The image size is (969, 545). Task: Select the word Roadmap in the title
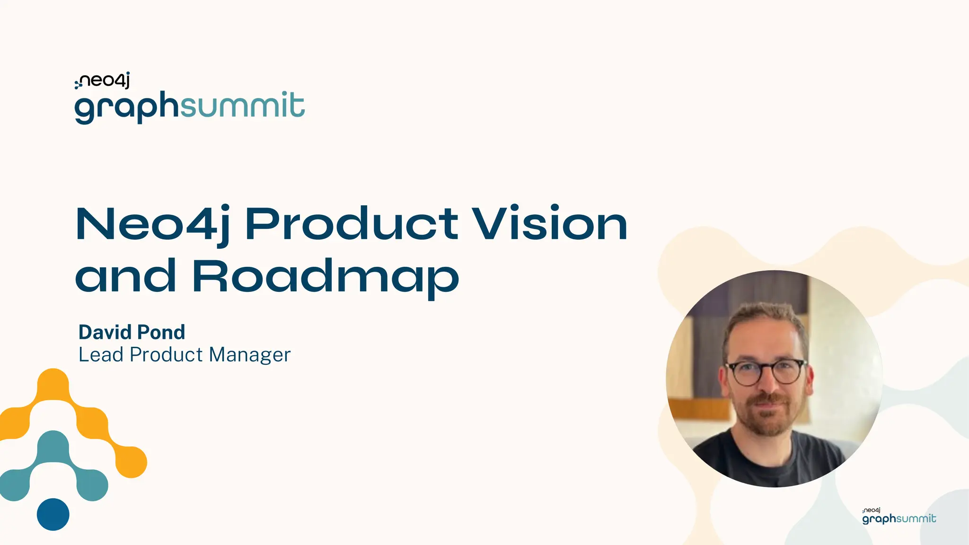coord(326,277)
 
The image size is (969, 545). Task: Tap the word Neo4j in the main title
coord(153,224)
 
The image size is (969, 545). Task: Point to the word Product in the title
coord(351,224)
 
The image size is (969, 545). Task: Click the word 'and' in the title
coord(126,277)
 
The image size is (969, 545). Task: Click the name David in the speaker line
coord(105,333)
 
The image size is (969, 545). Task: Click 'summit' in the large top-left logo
coord(242,105)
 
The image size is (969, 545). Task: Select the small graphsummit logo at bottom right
coord(899,517)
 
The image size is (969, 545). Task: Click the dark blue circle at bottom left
coord(53,514)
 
